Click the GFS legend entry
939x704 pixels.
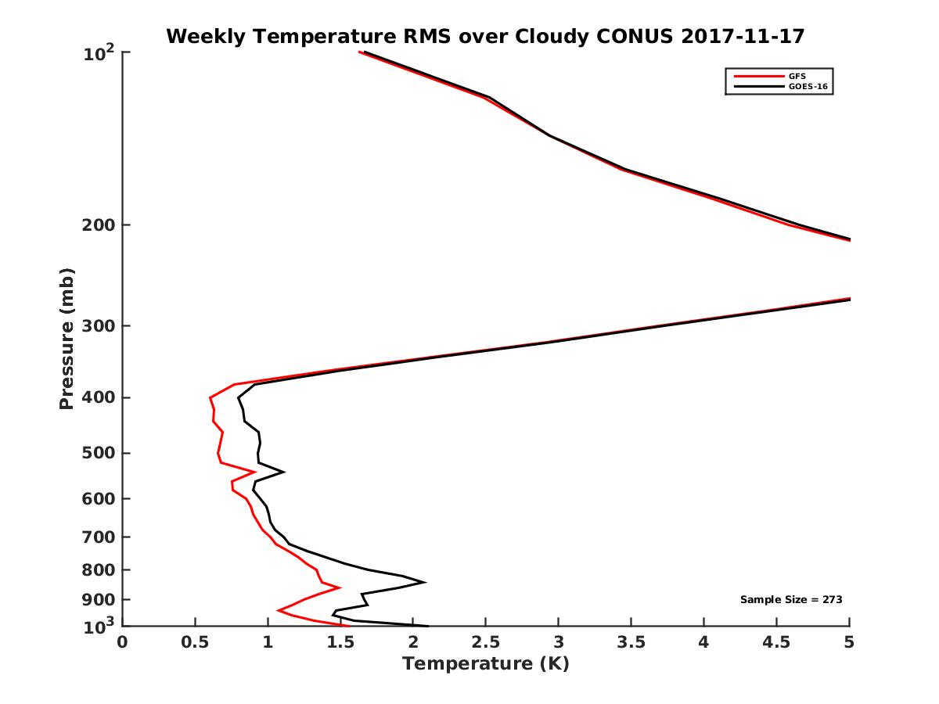coord(796,76)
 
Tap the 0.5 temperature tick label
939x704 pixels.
coord(195,643)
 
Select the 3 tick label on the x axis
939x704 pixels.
coord(559,643)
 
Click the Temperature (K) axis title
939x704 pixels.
coord(485,664)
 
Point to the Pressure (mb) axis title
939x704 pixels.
coord(67,339)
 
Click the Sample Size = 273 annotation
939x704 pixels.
coord(790,600)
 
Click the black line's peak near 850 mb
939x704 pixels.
coord(424,582)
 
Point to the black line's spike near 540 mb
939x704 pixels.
coord(283,472)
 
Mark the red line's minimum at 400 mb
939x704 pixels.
coord(210,398)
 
